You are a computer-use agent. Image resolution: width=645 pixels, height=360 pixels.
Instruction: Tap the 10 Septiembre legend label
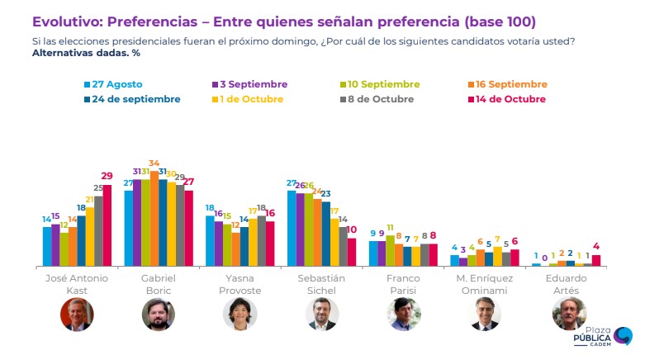tap(380, 84)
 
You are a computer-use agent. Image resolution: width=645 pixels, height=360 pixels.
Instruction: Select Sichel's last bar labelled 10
tap(352, 252)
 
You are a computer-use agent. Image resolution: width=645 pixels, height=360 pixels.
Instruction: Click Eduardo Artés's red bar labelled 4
tap(596, 260)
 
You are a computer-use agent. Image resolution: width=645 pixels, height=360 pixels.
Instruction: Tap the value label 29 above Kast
tap(107, 176)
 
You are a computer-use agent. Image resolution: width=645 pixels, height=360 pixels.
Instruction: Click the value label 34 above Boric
tap(154, 163)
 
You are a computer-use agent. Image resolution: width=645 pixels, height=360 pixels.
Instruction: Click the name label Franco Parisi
tap(403, 284)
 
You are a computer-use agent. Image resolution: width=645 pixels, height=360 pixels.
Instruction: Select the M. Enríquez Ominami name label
tap(485, 284)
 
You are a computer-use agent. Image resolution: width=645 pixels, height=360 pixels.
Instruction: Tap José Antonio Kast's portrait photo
tap(77, 315)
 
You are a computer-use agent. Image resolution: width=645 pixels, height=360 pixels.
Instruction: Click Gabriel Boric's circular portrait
tap(159, 315)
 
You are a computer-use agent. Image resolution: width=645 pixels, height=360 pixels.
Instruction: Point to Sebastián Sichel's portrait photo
tap(322, 315)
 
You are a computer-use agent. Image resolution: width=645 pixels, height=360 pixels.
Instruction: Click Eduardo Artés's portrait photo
tap(567, 315)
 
